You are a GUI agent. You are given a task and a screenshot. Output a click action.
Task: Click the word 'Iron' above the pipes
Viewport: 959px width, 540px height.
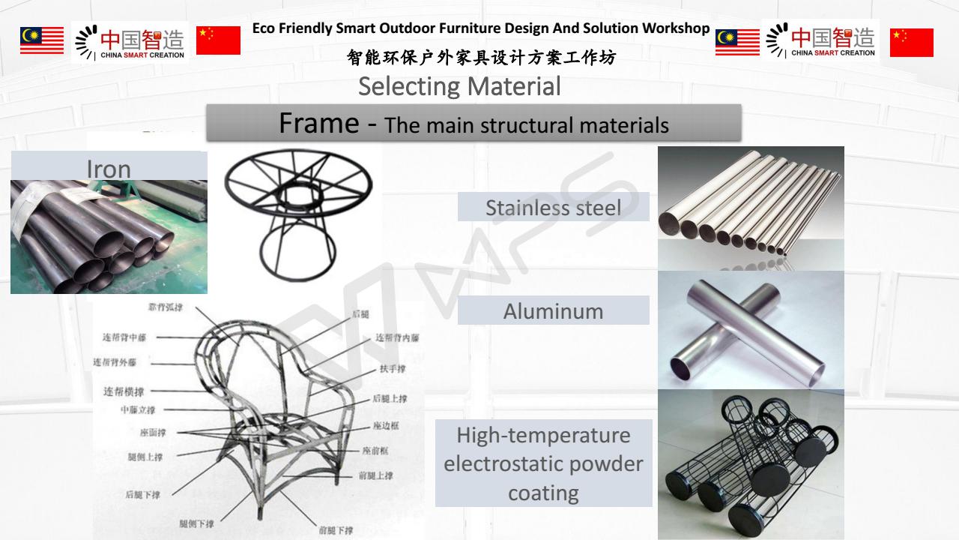point(109,169)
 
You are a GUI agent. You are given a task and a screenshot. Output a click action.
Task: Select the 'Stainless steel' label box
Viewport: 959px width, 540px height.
point(553,207)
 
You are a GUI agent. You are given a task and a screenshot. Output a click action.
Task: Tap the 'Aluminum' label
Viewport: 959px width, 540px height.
point(553,311)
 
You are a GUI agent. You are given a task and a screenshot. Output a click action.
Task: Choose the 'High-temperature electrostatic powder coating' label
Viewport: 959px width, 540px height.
point(543,463)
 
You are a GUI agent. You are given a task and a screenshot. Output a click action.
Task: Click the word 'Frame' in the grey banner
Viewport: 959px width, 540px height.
point(319,122)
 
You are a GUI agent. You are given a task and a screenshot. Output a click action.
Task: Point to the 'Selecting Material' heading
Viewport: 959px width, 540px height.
point(459,86)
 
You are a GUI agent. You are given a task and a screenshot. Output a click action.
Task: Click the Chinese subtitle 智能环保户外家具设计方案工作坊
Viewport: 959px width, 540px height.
point(481,57)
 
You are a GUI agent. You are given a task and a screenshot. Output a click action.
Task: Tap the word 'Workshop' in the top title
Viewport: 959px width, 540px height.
point(674,28)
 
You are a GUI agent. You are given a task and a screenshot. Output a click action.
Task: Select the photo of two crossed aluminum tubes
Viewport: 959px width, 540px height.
point(751,330)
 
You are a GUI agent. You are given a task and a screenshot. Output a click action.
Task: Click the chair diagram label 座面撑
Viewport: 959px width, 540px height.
point(152,432)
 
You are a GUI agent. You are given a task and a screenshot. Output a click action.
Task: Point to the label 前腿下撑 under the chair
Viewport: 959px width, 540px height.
point(336,530)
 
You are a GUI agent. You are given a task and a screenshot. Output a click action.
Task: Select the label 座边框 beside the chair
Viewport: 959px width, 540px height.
point(386,425)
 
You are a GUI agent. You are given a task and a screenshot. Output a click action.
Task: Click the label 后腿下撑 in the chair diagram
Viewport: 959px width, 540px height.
point(142,494)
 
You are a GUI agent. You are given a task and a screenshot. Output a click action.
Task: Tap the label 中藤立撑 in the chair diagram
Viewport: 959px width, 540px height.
point(138,410)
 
